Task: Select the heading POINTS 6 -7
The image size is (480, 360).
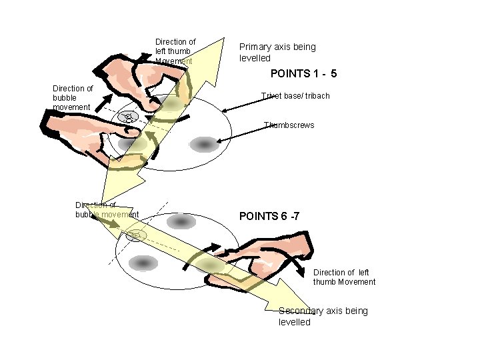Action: pos(273,216)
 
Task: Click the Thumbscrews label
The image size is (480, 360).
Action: pos(289,125)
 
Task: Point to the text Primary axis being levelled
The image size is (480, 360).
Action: pos(277,52)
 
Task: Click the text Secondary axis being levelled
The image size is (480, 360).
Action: pos(323,316)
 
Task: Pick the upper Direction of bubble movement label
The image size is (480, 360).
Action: pos(73,97)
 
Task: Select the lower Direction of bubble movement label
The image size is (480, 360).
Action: pos(107,209)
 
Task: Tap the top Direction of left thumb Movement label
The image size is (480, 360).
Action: pos(175,51)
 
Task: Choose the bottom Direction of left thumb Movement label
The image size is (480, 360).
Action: pos(344,277)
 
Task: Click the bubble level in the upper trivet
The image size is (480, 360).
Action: pos(127,117)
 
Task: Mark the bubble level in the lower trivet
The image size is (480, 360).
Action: pos(135,234)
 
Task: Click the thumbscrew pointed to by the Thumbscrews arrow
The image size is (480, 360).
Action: pos(204,143)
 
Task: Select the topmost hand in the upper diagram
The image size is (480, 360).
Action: pos(133,73)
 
